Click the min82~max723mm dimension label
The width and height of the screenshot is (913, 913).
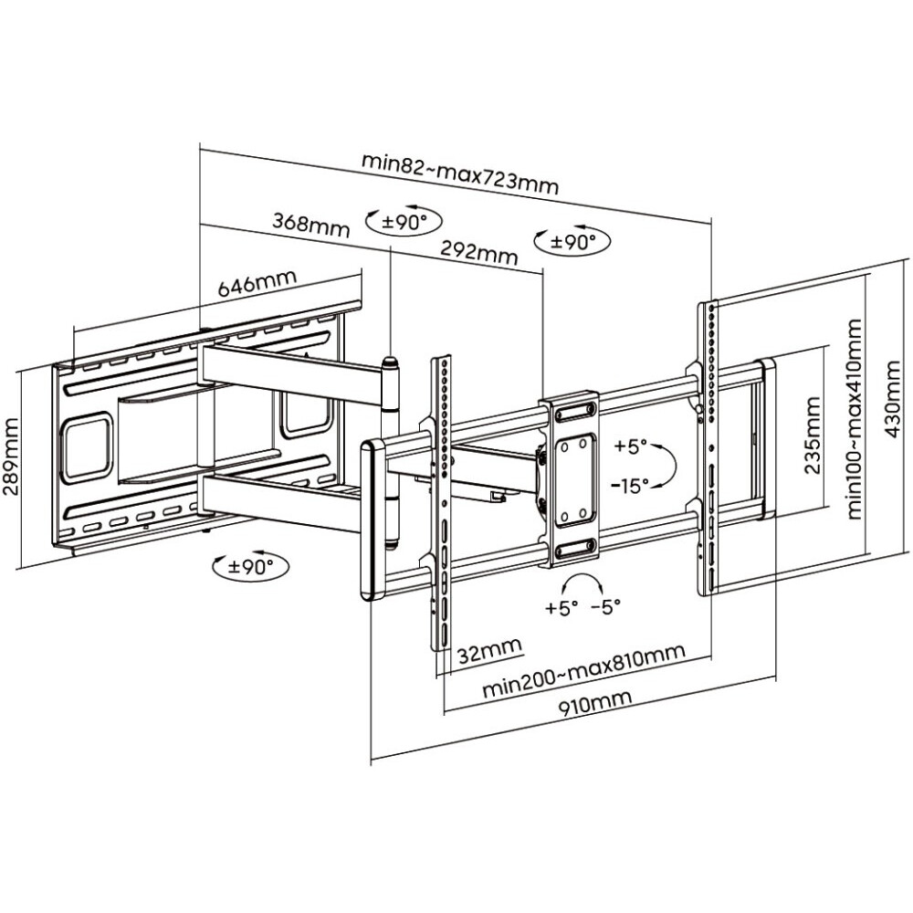click(460, 173)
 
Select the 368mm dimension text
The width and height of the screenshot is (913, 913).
click(311, 225)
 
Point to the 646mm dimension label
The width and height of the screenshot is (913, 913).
click(257, 283)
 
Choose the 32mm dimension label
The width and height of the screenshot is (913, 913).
click(489, 650)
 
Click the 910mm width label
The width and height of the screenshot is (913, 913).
click(595, 705)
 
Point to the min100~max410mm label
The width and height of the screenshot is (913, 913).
click(855, 419)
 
